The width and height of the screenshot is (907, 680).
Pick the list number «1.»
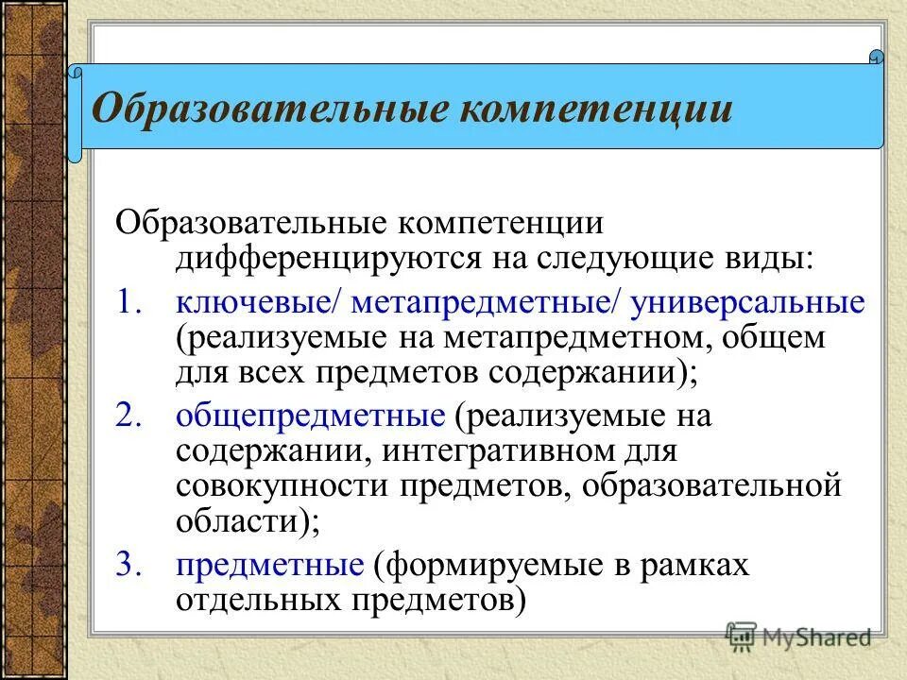click(x=132, y=302)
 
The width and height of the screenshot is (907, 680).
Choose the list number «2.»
click(x=132, y=416)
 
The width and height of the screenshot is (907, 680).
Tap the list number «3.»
click(x=132, y=565)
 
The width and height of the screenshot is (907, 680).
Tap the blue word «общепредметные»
click(x=310, y=416)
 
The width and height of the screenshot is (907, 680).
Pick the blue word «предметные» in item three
click(x=269, y=565)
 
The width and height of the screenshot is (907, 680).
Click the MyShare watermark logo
click(x=799, y=637)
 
